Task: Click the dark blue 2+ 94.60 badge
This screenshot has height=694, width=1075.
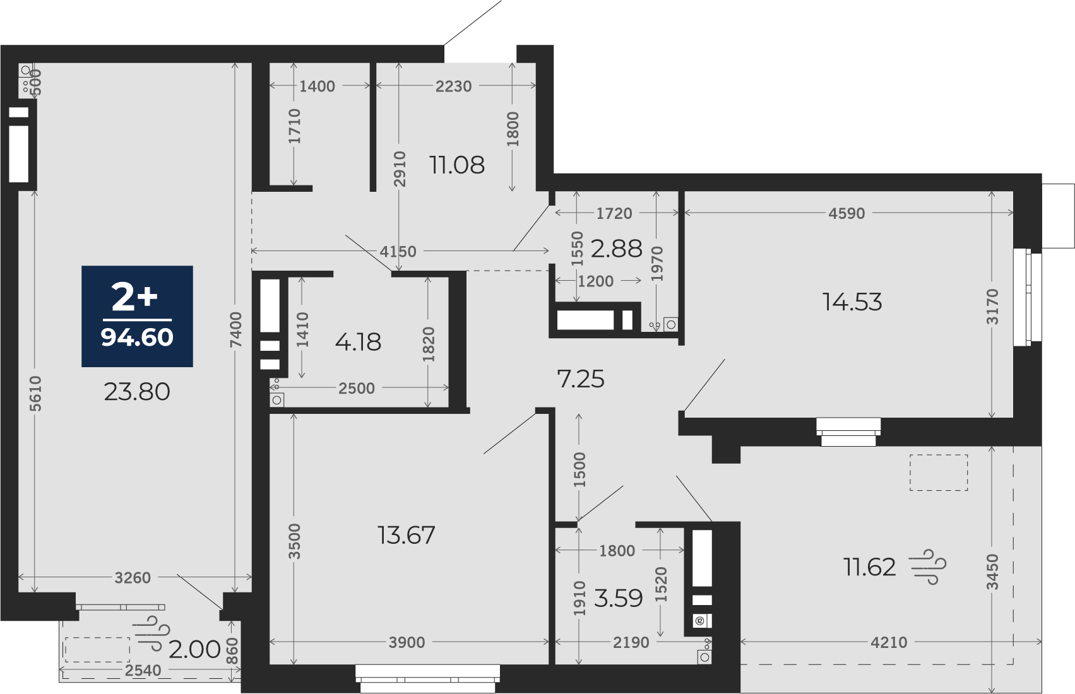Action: click(137, 316)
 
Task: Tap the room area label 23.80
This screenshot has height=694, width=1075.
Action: click(137, 392)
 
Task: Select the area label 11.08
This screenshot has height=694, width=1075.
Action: click(457, 165)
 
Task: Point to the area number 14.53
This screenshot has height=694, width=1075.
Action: click(852, 302)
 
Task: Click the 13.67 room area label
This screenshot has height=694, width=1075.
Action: click(407, 535)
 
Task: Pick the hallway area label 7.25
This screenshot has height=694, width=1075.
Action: click(581, 379)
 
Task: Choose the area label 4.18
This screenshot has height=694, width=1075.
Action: click(358, 342)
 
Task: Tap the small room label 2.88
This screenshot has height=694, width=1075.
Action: click(616, 249)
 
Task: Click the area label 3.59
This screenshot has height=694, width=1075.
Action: click(618, 598)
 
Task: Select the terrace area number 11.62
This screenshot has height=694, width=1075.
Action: click(870, 567)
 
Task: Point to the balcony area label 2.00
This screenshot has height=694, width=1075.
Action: click(194, 650)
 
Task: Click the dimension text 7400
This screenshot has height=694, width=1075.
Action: click(235, 329)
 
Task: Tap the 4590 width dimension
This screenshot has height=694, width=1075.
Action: click(847, 213)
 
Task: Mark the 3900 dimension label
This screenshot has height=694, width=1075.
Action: click(407, 642)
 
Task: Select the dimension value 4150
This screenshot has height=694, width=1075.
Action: click(398, 251)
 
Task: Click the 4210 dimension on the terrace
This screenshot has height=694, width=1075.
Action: click(889, 642)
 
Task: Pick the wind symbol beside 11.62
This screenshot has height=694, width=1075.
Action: click(928, 567)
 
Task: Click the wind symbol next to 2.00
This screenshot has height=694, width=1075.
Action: click(153, 633)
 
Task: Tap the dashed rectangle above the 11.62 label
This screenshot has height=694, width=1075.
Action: click(939, 473)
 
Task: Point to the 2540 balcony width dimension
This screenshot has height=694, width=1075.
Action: click(143, 670)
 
